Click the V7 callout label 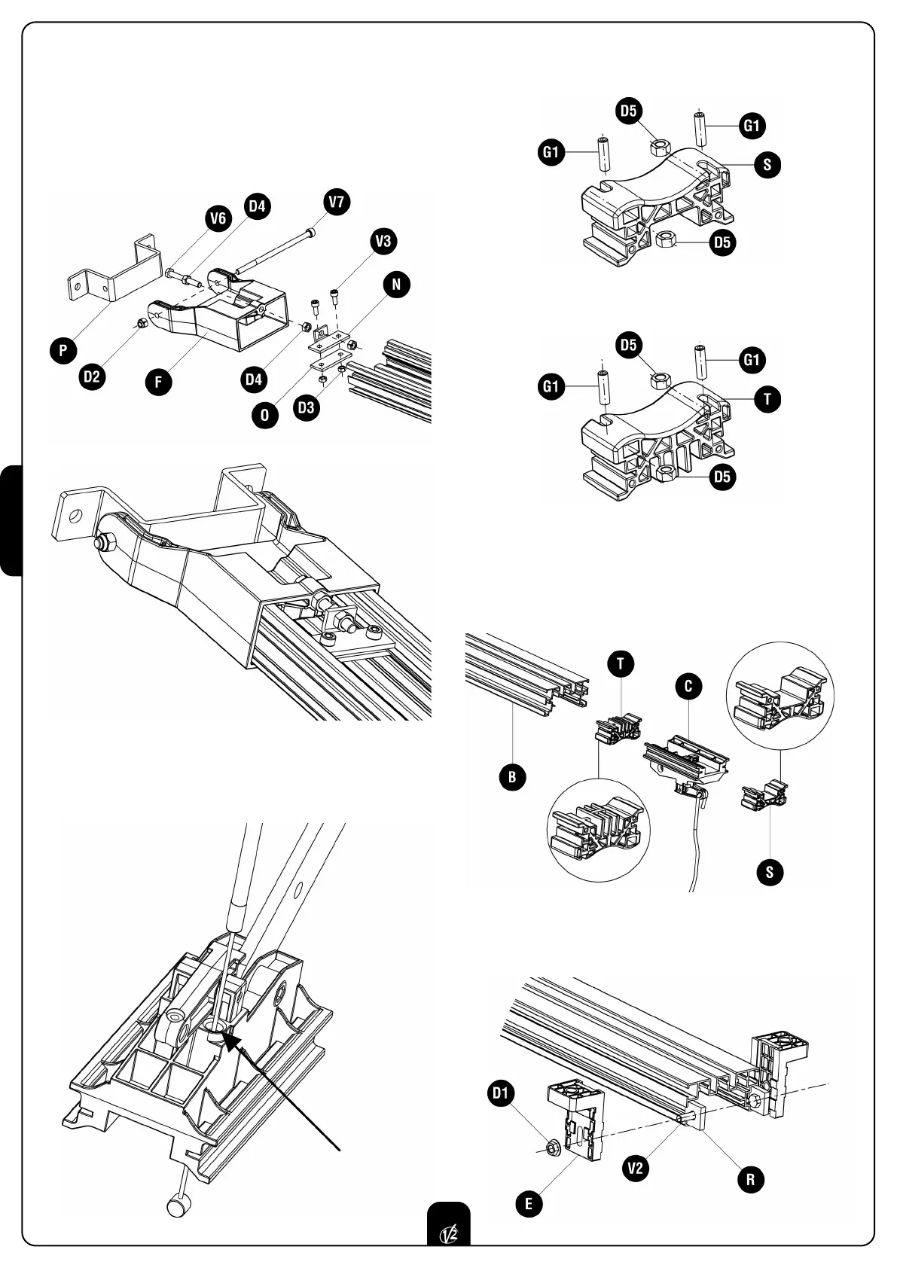337,203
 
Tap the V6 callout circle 218,218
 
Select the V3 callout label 383,242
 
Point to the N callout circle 397,285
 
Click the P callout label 65,350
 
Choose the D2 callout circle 92,376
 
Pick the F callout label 159,382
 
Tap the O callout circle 265,415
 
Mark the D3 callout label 307,407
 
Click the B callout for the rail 512,777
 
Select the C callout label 688,686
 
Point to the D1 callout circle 502,1092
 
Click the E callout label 529,1204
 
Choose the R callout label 750,1179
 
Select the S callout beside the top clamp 767,164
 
